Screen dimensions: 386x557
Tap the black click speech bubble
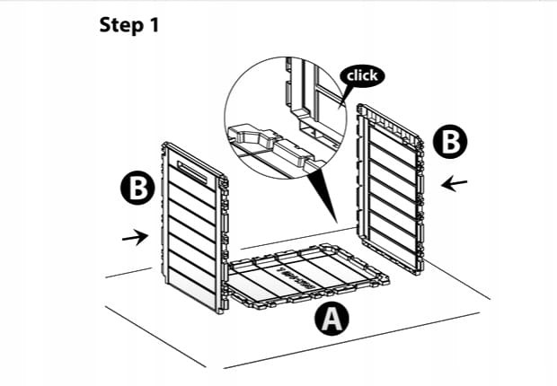(x=362, y=76)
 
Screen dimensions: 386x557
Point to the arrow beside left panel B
(x=135, y=237)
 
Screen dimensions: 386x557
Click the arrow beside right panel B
(x=455, y=184)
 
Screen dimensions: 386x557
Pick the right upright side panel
(x=391, y=188)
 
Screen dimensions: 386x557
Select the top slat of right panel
(x=390, y=125)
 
